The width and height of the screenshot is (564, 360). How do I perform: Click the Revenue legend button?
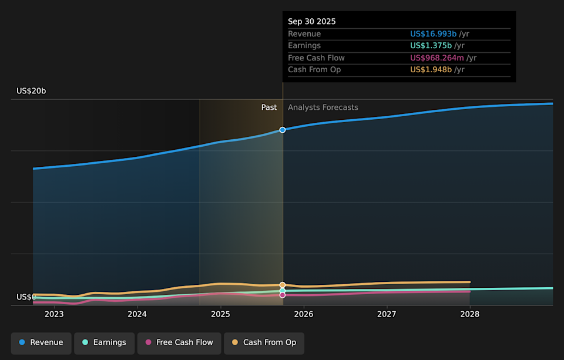pos(41,342)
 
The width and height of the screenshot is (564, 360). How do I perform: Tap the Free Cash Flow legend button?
pos(179,342)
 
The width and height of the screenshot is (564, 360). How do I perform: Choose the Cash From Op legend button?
pos(264,342)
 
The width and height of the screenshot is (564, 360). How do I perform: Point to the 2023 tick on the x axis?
pos(54,314)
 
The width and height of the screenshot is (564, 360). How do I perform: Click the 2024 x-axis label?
pos(137,314)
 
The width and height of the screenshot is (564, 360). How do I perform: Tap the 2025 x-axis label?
pos(220,314)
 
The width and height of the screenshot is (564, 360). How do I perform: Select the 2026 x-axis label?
pos(303,314)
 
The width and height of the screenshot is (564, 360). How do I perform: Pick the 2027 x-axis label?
pos(387,314)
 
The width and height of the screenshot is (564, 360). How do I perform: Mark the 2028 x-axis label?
pos(469,314)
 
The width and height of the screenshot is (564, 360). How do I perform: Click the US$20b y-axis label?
pos(31,91)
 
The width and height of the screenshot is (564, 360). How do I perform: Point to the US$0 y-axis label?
pos(26,297)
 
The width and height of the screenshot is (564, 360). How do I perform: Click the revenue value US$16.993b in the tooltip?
pos(434,34)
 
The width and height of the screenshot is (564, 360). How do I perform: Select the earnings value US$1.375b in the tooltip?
pos(431,46)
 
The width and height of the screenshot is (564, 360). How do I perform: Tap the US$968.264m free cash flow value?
pos(437,58)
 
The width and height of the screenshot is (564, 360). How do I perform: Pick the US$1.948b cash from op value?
pos(431,70)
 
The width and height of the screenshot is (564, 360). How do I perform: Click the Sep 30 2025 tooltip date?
pos(312,21)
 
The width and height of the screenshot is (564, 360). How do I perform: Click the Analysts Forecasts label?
pos(323,107)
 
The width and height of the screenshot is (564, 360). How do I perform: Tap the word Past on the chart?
pos(269,107)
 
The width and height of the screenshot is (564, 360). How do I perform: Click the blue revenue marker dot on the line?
pos(283,130)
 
